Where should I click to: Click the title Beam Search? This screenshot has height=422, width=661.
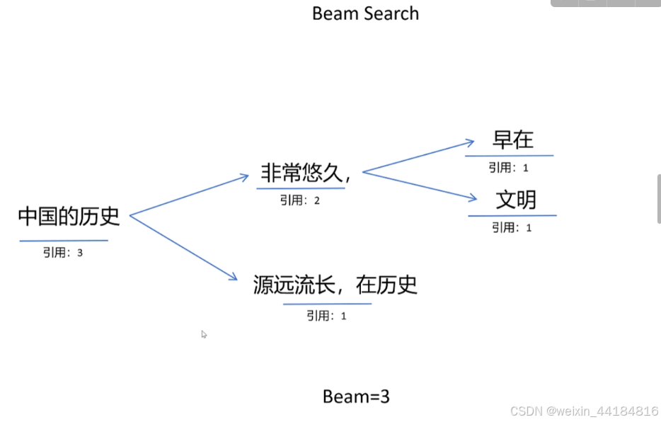(x=365, y=13)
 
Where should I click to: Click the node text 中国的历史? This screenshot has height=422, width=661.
(x=69, y=217)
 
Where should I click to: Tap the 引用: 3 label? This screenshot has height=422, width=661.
(x=62, y=252)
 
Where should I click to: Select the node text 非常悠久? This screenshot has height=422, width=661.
(x=306, y=173)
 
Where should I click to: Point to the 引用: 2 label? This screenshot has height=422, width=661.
(x=300, y=200)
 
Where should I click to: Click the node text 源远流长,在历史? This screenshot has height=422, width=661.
(x=335, y=285)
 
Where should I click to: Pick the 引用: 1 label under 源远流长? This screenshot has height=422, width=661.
(x=326, y=316)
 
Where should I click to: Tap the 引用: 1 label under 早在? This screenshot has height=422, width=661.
(x=508, y=168)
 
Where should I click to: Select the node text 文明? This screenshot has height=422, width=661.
(x=516, y=200)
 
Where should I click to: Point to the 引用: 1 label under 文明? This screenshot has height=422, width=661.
(x=512, y=227)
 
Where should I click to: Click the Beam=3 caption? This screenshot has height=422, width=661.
(x=356, y=397)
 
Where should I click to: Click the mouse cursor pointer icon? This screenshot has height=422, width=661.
(x=204, y=334)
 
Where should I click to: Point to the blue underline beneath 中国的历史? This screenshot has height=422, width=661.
(x=64, y=241)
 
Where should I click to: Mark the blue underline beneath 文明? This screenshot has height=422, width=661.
(x=512, y=215)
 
